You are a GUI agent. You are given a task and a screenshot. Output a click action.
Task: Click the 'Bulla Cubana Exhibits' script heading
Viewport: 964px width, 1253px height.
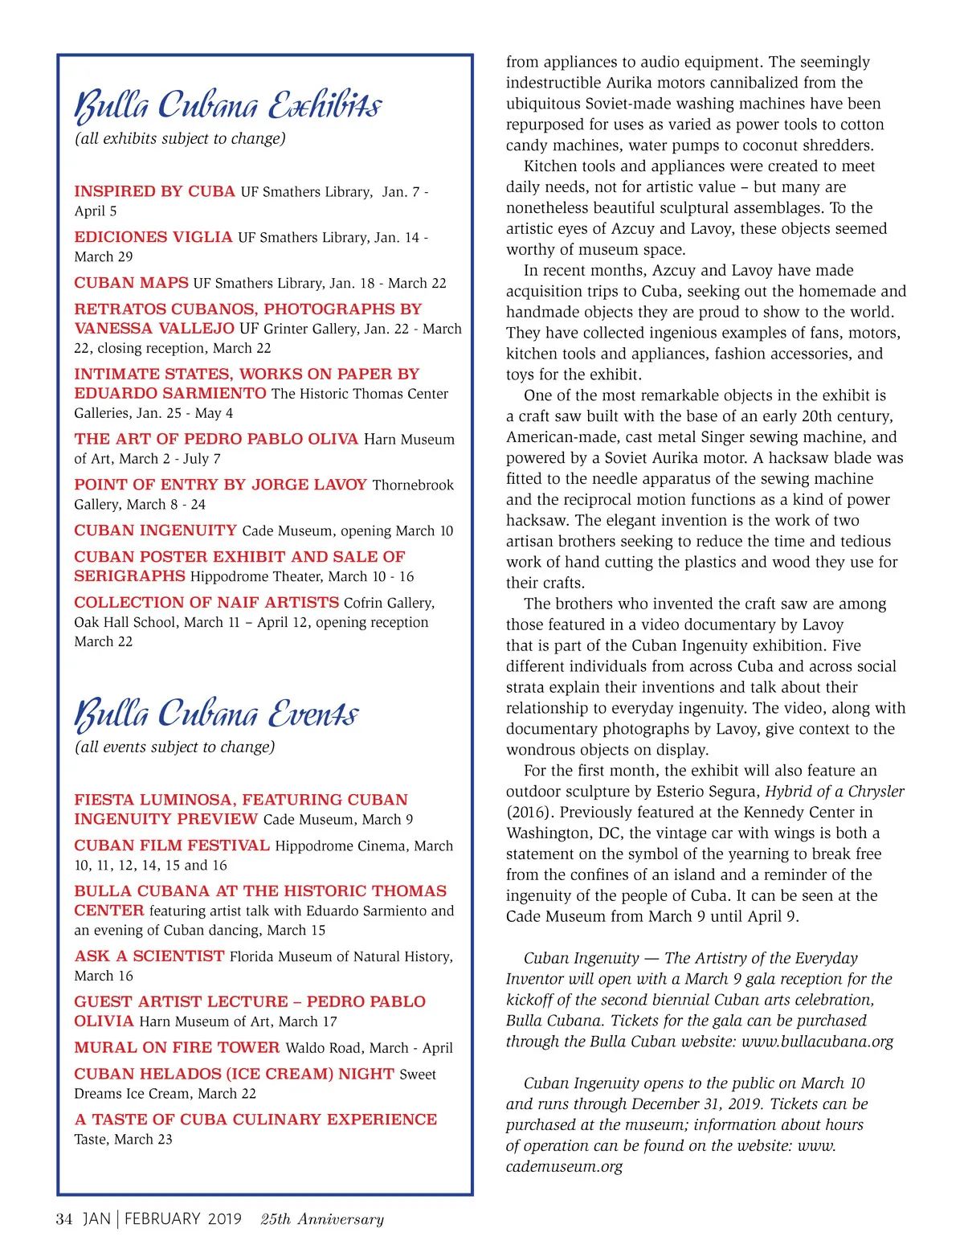pos(228,106)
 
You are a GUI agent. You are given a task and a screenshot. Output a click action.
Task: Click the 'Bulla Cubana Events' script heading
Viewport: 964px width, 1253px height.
pos(217,715)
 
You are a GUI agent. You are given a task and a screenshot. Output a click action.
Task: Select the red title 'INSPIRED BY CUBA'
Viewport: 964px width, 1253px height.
pos(154,192)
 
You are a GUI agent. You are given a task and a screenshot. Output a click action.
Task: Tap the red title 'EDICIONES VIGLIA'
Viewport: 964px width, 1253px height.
pos(153,238)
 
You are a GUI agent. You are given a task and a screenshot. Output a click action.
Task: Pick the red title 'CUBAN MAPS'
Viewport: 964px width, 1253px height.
pos(131,284)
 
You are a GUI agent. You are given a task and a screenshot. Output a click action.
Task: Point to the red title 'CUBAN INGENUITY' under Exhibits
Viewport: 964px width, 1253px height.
pos(155,531)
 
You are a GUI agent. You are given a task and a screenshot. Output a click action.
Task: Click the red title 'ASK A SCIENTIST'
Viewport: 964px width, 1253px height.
pos(149,956)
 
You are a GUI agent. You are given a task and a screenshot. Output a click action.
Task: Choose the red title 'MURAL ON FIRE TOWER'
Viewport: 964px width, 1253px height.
pos(177,1048)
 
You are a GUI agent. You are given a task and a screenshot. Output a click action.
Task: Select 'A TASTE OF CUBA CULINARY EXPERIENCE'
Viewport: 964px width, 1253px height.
pos(255,1120)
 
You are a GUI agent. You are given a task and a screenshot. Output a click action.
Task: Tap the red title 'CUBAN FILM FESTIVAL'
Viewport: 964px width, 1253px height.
pos(172,846)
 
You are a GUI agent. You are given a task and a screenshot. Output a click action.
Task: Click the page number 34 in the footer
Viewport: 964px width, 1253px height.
pos(64,1219)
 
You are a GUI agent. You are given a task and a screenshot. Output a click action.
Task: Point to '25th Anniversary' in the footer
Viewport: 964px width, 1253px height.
pos(322,1219)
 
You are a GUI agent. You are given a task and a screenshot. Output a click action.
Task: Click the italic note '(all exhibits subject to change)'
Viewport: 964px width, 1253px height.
pos(180,139)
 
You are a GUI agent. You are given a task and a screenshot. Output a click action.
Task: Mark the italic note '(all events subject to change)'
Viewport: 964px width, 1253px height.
pos(174,747)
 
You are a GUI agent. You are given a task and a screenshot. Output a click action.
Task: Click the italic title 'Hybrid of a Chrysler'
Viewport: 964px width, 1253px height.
pos(835,792)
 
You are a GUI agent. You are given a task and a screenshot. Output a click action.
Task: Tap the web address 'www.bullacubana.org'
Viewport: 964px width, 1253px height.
pos(817,1042)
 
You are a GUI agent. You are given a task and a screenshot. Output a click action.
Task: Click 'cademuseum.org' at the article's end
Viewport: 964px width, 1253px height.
pos(564,1167)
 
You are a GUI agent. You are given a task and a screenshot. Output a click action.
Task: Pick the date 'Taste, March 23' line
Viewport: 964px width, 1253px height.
pos(123,1140)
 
